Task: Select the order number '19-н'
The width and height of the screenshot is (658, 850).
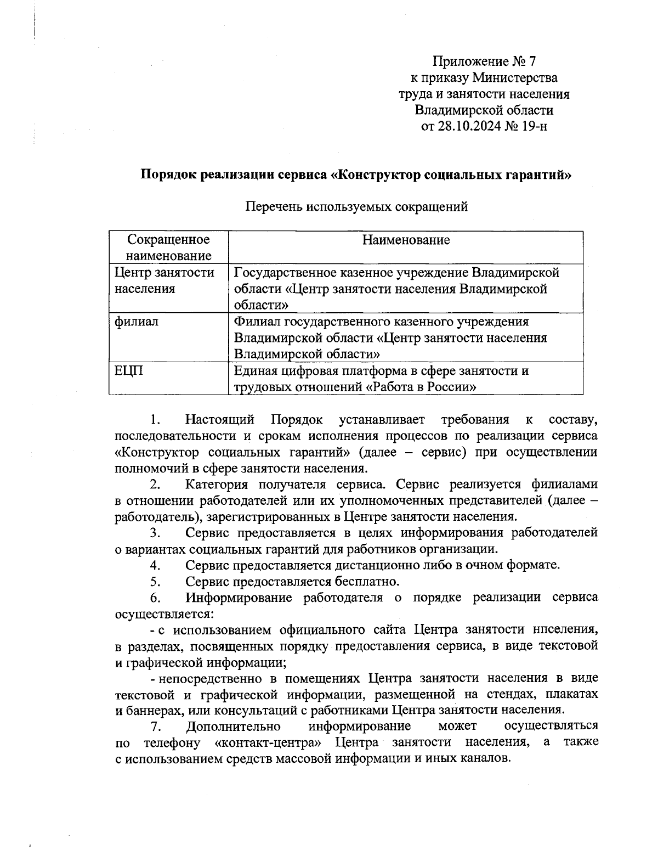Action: [535, 126]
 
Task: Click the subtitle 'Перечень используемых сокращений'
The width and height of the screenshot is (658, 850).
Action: [356, 207]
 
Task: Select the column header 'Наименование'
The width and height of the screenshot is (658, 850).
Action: [406, 240]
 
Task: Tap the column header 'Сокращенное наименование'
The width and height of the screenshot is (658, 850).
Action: [168, 247]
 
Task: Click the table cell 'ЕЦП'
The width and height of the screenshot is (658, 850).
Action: [128, 371]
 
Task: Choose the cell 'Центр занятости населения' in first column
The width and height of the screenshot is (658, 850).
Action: [164, 280]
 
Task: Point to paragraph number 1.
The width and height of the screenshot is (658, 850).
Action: [155, 420]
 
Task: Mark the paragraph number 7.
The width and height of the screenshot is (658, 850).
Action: [155, 727]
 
